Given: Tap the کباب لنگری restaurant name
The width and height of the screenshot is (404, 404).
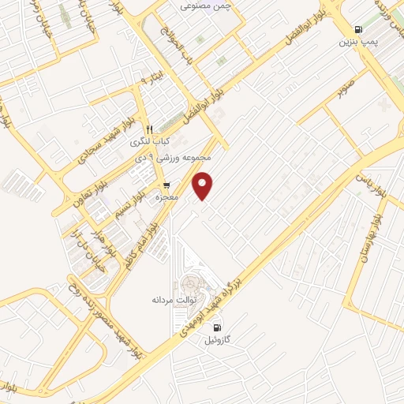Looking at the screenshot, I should (x=148, y=140).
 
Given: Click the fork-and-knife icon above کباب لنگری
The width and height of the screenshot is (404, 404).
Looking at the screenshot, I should (x=148, y=129).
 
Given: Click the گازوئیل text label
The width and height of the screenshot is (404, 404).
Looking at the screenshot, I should (x=219, y=340).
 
